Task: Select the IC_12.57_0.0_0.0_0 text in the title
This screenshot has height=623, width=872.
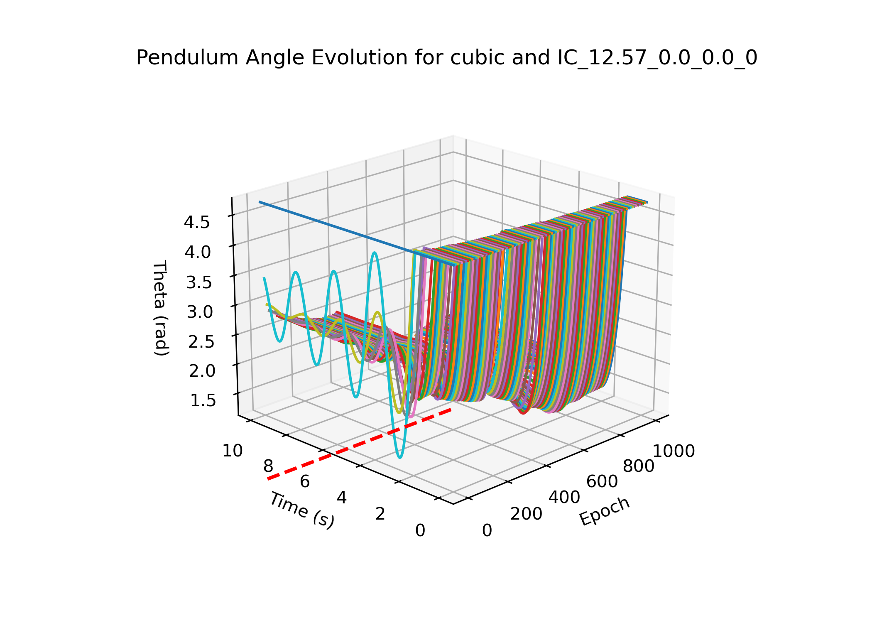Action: [x=657, y=58]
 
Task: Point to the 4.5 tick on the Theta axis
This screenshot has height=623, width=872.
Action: [x=197, y=223]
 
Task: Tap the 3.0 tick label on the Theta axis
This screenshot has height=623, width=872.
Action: [x=199, y=312]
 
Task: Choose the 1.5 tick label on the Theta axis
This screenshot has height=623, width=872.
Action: [x=203, y=400]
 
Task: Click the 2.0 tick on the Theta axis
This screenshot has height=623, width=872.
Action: [x=202, y=371]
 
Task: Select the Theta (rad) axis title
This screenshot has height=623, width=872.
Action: [x=161, y=308]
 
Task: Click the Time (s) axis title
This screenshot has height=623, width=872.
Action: [x=301, y=510]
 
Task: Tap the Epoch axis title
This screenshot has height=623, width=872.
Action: [x=605, y=511]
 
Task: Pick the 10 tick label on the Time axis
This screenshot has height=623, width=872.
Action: [x=233, y=451]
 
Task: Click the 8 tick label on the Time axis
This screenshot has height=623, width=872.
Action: [x=268, y=466]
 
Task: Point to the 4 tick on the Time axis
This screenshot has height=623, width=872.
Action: [x=341, y=498]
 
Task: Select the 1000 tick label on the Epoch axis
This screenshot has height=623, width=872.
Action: [x=674, y=451]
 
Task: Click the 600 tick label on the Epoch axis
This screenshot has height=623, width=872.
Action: [x=602, y=482]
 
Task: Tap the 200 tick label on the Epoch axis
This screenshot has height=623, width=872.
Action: [x=526, y=514]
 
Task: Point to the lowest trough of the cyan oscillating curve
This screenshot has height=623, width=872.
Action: [x=399, y=457]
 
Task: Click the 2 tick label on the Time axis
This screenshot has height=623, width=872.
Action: [x=380, y=514]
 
